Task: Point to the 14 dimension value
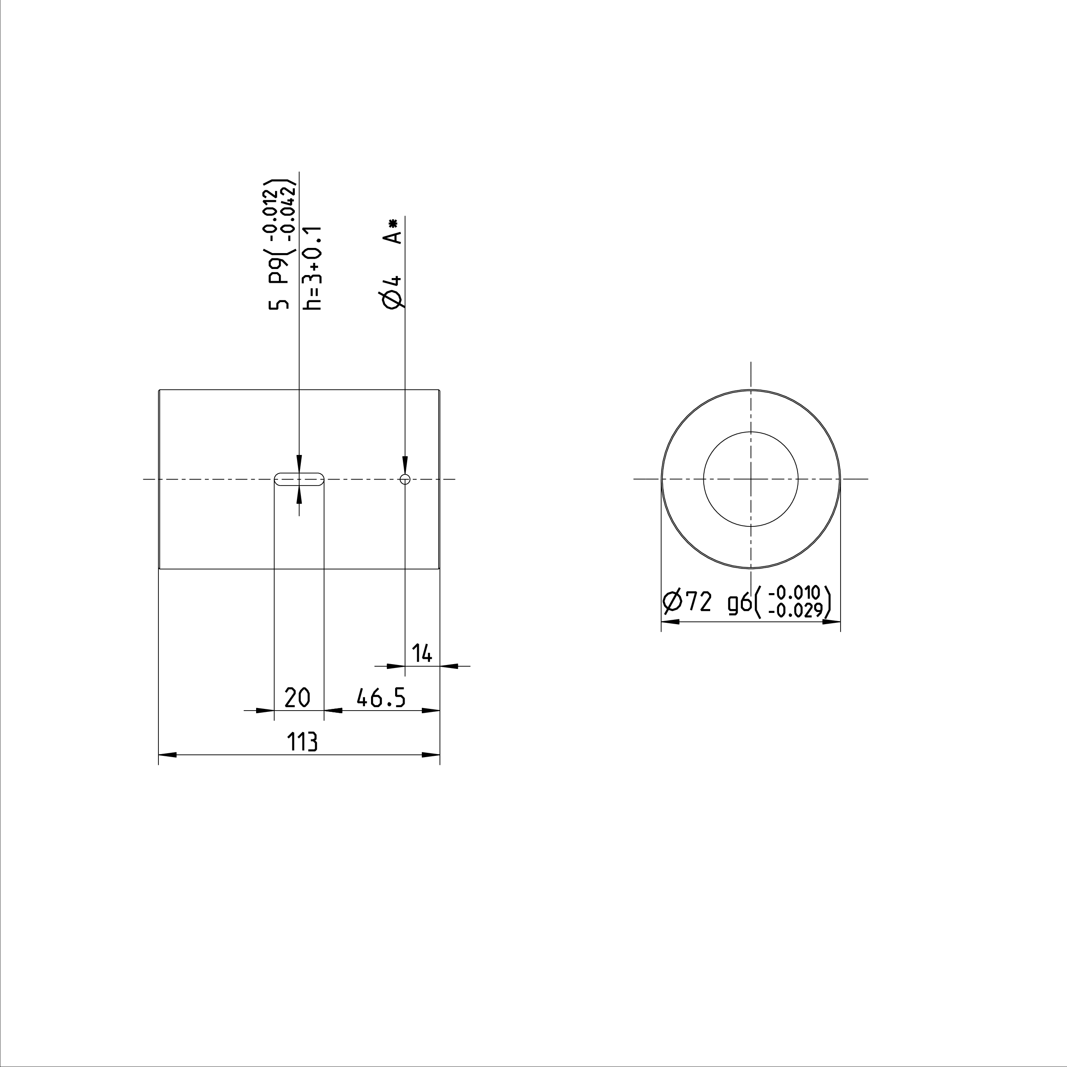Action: [x=422, y=654]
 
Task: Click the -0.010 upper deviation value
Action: [x=794, y=593]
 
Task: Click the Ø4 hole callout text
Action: [x=392, y=291]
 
